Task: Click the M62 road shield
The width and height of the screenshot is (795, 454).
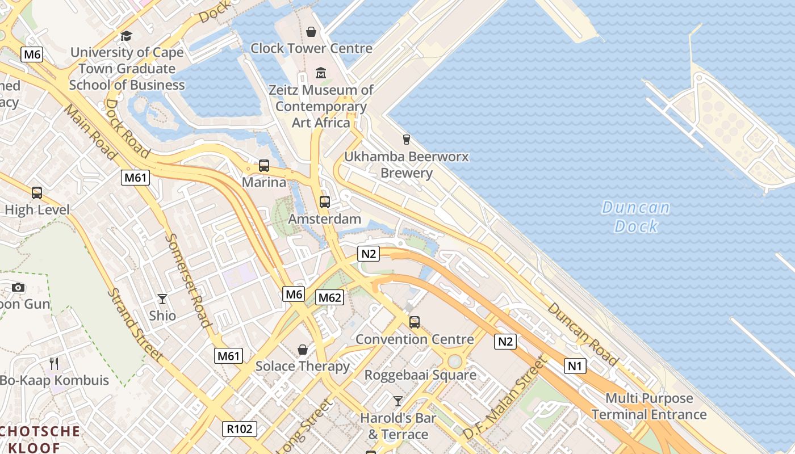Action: click(x=330, y=297)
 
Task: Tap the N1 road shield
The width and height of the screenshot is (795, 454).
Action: click(x=575, y=366)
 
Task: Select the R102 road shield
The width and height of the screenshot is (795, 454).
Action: click(x=239, y=429)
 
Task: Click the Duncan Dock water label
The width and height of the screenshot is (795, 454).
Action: click(x=636, y=217)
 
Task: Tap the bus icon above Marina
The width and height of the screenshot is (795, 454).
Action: click(x=264, y=166)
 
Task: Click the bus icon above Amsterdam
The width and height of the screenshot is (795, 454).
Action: click(x=325, y=201)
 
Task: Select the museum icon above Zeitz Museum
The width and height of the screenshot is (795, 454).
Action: click(x=321, y=73)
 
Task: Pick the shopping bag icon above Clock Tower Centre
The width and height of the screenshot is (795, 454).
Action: click(x=311, y=31)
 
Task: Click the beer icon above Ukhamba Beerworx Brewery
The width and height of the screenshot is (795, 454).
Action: click(x=406, y=139)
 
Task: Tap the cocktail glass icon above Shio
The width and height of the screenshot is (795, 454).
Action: click(x=162, y=299)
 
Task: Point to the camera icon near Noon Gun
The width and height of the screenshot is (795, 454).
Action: click(x=18, y=287)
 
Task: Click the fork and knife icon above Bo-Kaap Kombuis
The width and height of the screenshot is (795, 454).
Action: click(x=54, y=363)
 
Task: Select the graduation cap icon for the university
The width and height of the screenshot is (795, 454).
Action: click(x=126, y=36)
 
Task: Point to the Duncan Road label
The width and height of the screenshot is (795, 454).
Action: click(x=583, y=333)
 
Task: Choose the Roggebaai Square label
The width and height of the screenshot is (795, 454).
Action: click(x=420, y=375)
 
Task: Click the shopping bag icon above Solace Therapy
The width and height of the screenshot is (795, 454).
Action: click(x=303, y=350)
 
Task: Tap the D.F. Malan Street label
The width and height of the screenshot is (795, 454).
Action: click(x=504, y=398)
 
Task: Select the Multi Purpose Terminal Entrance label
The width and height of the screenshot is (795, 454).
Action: click(x=649, y=406)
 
